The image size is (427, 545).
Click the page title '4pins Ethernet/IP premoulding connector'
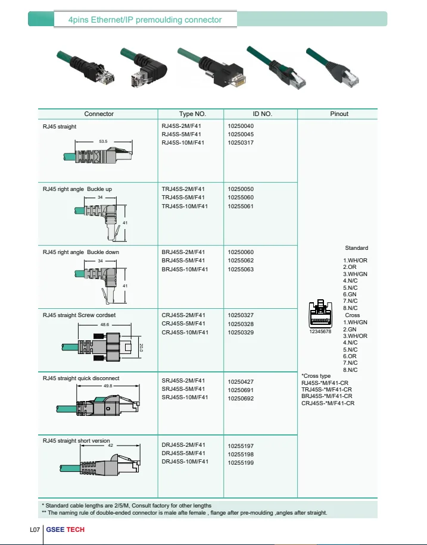pos(146,20)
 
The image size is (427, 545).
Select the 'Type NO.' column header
pos(192,114)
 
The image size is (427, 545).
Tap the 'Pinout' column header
pos(339,114)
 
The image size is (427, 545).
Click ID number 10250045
pos(241,134)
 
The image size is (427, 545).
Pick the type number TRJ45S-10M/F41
pos(185,206)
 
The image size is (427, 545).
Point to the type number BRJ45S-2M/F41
pos(185,252)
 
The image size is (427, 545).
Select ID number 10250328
pos(241,324)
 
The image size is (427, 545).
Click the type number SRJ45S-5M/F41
pos(184,389)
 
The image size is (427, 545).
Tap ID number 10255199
pos(241,462)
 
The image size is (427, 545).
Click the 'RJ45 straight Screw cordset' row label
pos(79,315)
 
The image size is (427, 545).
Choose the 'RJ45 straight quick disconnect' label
pos(81,378)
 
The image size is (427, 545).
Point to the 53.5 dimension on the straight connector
pos(103,142)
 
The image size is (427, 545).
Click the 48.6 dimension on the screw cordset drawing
pos(105,325)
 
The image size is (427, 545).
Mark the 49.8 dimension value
pos(108,386)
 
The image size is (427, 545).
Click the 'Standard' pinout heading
pos(356,248)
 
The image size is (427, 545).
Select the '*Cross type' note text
pos(316,376)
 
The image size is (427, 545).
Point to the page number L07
pos(35,530)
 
